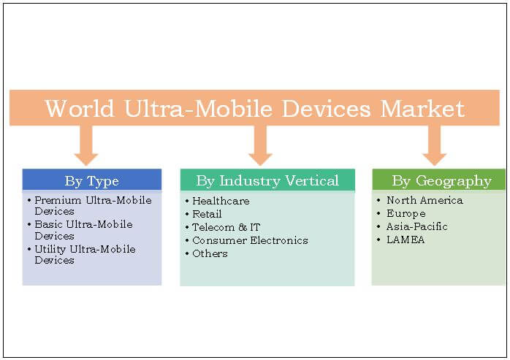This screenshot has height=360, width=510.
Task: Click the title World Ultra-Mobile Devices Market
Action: pyautogui.click(x=254, y=109)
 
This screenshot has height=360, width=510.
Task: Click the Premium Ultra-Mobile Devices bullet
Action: pyautogui.click(x=92, y=205)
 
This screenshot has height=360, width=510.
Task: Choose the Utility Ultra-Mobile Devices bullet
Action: pyautogui.click(x=85, y=255)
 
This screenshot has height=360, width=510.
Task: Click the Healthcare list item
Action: pyautogui.click(x=221, y=201)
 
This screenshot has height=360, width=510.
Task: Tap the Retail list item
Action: pyautogui.click(x=207, y=214)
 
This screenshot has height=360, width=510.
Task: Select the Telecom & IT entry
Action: pyautogui.click(x=226, y=227)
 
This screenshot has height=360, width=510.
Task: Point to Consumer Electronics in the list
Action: pyautogui.click(x=250, y=240)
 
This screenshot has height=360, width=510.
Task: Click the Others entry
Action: pyautogui.click(x=210, y=253)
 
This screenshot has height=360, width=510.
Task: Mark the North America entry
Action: pyautogui.click(x=425, y=200)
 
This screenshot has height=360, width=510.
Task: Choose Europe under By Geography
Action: pyautogui.click(x=406, y=213)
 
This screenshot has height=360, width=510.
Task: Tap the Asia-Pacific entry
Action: pyautogui.click(x=417, y=226)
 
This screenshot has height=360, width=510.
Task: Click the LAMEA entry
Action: pyautogui.click(x=406, y=240)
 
